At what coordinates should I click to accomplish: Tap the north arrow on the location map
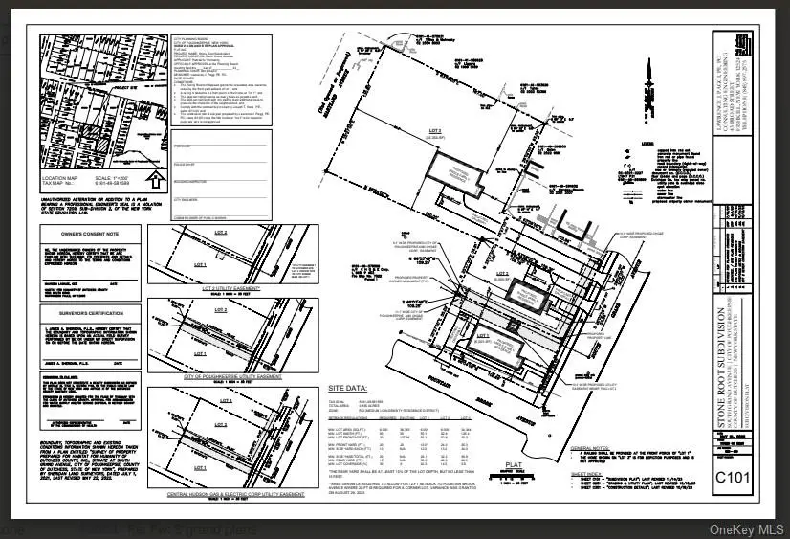pyautogui.click(x=155, y=178)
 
